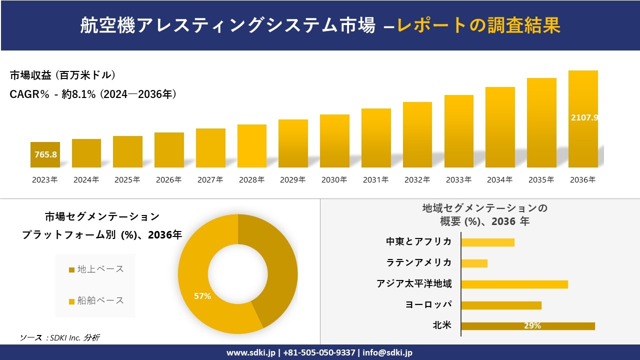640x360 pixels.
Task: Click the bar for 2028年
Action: [251, 146]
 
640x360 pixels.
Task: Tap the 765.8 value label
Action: [45, 154]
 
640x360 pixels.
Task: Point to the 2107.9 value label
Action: [584, 117]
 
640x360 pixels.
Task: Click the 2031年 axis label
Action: [375, 180]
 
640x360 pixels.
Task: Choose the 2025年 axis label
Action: [127, 180]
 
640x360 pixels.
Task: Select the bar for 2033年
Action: [458, 131]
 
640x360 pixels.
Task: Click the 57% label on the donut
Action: [202, 296]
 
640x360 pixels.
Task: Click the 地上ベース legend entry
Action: [96, 269]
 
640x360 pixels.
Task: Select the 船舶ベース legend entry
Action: [96, 300]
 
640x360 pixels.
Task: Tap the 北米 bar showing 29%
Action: [527, 326]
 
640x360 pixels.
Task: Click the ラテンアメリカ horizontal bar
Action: [474, 263]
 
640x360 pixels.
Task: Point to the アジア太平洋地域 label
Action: [414, 284]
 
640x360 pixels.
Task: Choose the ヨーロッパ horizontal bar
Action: [501, 305]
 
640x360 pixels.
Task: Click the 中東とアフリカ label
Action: [418, 242]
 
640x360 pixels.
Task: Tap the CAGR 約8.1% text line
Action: [93, 94]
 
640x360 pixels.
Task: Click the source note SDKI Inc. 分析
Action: [59, 338]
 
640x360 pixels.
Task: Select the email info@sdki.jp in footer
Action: [388, 352]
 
